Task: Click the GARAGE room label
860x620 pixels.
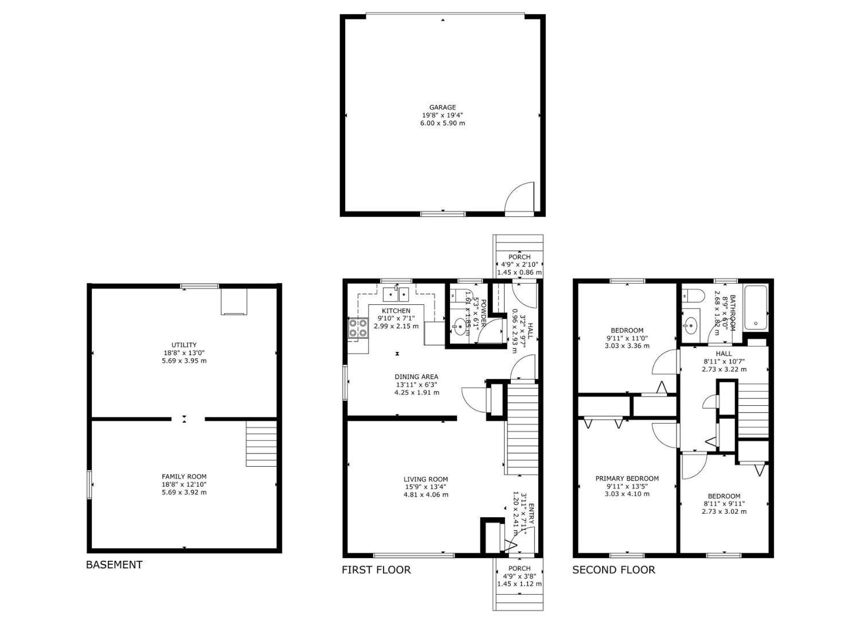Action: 443,107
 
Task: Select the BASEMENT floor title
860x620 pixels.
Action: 114,565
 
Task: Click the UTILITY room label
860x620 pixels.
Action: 184,345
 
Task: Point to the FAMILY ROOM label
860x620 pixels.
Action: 184,476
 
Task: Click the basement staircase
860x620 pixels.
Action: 261,443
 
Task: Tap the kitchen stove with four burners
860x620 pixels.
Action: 359,328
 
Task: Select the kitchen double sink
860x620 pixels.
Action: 396,294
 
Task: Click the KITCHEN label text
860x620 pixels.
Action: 396,311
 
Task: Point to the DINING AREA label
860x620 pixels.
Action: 416,377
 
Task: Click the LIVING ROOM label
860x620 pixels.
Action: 425,479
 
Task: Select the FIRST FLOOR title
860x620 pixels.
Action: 376,570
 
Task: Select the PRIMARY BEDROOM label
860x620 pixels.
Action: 627,478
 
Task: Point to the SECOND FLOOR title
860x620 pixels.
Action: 613,570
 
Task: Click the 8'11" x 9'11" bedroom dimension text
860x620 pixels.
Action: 724,504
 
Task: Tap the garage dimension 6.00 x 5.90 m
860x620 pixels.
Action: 443,123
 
